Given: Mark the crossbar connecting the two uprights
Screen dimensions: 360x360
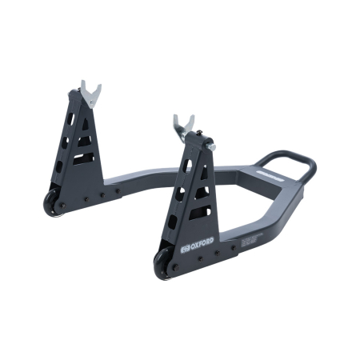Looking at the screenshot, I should (152, 174).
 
